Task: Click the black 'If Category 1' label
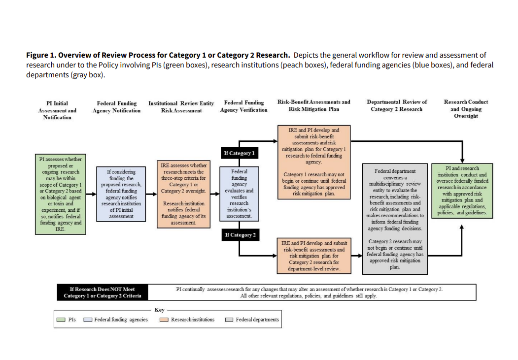click(x=239, y=153)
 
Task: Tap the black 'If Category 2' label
click(x=240, y=235)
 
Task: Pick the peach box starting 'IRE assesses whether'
click(x=182, y=194)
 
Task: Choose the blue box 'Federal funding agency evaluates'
click(x=240, y=194)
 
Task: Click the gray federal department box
click(x=395, y=219)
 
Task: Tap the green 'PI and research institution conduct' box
click(x=462, y=191)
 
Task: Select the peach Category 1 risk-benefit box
click(x=313, y=162)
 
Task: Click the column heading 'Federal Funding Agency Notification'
click(x=116, y=107)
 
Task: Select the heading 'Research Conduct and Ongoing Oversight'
click(x=466, y=109)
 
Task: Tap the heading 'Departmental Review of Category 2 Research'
click(x=396, y=105)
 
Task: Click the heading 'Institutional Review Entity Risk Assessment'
click(x=181, y=107)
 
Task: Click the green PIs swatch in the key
click(x=61, y=320)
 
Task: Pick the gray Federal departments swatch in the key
click(x=229, y=320)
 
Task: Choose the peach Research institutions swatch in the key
click(x=164, y=320)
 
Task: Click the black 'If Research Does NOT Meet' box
click(x=102, y=293)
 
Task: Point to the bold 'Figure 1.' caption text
click(x=41, y=55)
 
